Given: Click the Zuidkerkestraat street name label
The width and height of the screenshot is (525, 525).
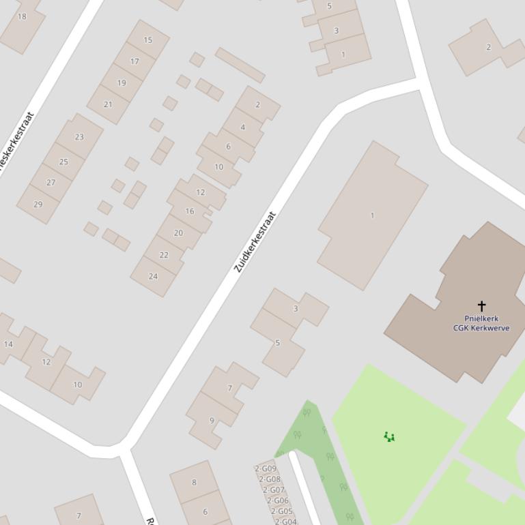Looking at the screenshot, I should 255,242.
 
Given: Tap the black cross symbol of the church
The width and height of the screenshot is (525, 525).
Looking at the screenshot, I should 481,305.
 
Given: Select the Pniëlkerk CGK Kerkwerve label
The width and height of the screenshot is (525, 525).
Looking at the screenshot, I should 481,323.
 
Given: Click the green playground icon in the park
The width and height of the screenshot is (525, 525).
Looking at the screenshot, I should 389,436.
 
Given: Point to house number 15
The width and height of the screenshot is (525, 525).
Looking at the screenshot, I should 148,40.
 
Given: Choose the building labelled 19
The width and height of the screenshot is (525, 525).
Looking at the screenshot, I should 122,83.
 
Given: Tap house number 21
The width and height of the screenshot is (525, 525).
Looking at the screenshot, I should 108,104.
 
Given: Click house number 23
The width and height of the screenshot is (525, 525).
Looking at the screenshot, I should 79,137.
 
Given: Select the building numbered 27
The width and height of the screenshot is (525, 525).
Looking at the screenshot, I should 51,183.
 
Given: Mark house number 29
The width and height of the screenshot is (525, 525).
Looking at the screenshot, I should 38,205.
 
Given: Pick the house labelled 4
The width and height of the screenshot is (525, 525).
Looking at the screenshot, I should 242,127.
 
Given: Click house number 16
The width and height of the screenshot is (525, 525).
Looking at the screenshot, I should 190,211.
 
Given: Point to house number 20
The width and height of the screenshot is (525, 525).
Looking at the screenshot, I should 178,232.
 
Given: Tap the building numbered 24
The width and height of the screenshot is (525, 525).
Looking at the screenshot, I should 153,276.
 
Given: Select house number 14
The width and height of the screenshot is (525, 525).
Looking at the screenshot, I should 8,344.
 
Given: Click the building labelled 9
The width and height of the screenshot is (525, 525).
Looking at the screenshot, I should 212,421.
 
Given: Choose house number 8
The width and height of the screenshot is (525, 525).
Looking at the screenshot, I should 194,483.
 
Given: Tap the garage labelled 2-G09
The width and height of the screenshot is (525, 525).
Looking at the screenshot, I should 266,468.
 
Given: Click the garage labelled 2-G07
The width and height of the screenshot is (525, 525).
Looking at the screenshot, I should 274,490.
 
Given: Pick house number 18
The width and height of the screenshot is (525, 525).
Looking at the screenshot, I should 22,16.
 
